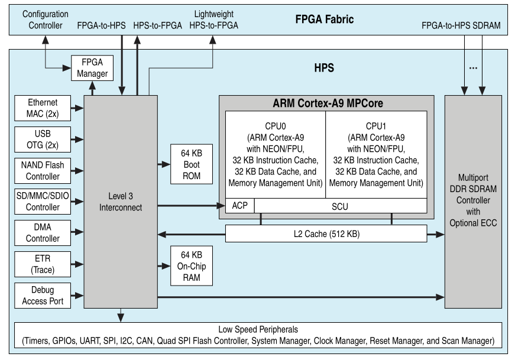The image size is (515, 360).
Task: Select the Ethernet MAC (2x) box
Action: coord(42,108)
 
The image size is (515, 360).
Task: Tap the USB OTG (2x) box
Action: coord(42,139)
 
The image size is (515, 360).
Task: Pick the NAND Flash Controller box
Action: coord(42,170)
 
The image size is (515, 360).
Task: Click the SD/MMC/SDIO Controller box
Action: coord(42,202)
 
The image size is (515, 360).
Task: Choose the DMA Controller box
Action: coord(42,233)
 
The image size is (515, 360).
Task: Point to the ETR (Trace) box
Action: coord(42,264)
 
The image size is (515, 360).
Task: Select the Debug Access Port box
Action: coord(42,296)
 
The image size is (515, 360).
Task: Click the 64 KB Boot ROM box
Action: coord(191,164)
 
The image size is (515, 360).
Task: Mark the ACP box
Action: coord(240,206)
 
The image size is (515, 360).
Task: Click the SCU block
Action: coord(341,206)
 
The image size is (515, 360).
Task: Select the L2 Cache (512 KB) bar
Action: coord(326,235)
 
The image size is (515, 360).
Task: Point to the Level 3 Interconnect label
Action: coord(121,203)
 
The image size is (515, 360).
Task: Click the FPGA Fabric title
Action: coord(325,19)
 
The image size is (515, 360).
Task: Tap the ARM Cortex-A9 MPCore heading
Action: coord(327,103)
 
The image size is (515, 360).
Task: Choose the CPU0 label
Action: coord(275,125)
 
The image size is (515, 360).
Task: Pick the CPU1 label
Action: coord(376,125)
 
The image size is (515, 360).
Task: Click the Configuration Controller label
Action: coord(45,20)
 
